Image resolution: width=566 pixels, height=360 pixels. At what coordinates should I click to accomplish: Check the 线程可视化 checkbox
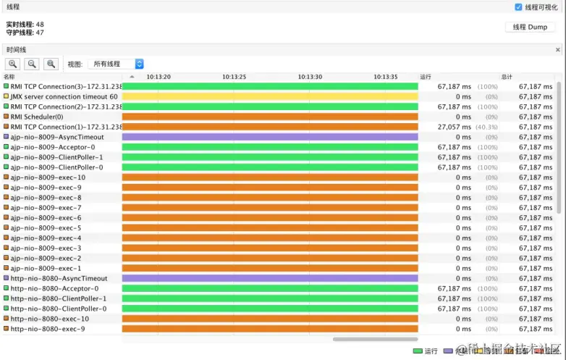518,7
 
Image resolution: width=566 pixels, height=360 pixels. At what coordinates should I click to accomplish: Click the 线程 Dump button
530,28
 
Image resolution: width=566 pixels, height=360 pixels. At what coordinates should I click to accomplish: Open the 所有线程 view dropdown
116,64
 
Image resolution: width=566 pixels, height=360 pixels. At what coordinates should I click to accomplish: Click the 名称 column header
10,76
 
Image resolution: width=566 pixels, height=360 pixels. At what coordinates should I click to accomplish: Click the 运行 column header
426,76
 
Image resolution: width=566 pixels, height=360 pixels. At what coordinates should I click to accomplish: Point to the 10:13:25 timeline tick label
235,76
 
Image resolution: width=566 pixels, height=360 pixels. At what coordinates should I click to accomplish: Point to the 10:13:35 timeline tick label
386,76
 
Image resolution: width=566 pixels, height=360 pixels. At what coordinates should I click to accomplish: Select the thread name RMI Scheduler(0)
37,117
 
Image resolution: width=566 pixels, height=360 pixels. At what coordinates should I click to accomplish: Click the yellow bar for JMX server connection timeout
270,96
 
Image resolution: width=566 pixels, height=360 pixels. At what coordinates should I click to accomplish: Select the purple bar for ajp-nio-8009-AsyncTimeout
270,137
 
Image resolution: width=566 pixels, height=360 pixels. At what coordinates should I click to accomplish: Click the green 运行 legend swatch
418,351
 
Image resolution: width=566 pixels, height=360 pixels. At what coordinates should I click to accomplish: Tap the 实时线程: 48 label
25,24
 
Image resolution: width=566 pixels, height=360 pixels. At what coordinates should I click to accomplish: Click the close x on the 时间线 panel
558,50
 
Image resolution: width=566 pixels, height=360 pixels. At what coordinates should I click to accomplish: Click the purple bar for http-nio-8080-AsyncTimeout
270,278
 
